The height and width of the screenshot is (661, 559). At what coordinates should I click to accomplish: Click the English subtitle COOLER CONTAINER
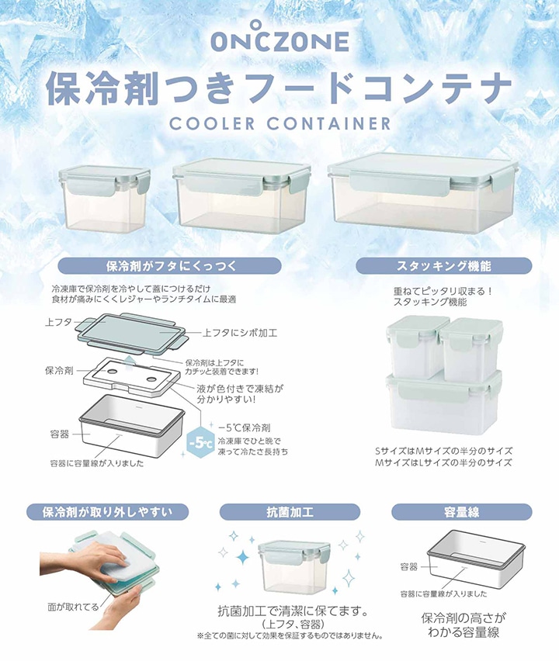(279, 123)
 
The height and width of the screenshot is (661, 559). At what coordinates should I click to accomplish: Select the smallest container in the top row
(105, 199)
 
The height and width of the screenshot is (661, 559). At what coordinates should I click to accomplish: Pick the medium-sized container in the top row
(241, 196)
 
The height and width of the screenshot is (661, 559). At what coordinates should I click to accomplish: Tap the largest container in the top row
(422, 192)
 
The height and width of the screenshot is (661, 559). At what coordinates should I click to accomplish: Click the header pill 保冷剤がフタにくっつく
(169, 266)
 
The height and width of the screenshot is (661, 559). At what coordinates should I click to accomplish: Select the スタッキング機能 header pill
(444, 266)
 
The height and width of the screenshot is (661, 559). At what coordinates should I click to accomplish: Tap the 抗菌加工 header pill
(290, 512)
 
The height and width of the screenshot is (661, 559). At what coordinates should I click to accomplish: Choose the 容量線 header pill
(461, 512)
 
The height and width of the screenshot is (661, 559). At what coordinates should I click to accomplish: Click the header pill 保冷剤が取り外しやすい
(108, 512)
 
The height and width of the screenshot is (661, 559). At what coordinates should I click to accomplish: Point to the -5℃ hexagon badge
(200, 444)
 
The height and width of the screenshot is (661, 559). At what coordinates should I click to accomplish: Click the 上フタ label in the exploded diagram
(58, 323)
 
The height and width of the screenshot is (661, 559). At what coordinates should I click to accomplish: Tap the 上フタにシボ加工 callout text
(240, 333)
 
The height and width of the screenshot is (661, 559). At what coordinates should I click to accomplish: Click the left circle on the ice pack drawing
(113, 372)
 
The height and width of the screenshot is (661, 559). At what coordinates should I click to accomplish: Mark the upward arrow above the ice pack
(130, 359)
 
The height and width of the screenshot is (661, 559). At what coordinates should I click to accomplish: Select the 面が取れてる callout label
(72, 607)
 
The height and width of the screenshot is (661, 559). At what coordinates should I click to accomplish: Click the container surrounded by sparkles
(294, 566)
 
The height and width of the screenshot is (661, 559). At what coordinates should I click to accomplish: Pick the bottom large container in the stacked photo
(443, 402)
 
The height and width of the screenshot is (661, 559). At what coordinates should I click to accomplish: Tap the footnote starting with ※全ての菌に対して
(290, 635)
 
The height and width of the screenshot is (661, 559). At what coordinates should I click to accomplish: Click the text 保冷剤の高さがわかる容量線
(464, 625)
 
